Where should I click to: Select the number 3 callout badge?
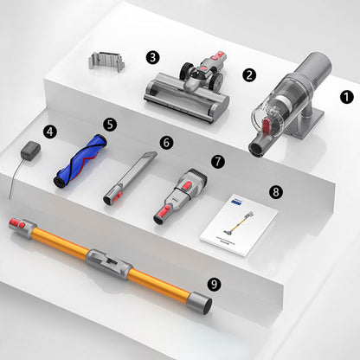pos(152,57)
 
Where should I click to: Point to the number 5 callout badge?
pos(109,124)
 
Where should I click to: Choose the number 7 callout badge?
pos(217,161)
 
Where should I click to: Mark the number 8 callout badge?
pos(275,191)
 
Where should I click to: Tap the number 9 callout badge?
pos(215,283)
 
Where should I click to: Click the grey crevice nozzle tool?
pos(131,173)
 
